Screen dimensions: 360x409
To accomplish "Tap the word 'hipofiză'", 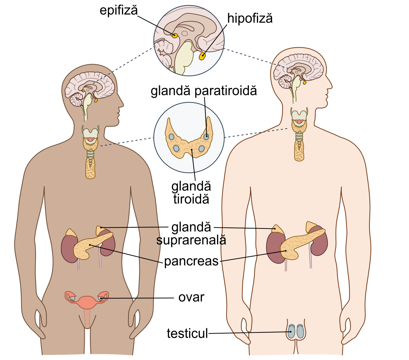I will point(250,19).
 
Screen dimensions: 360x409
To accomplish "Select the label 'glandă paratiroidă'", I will point(204,91).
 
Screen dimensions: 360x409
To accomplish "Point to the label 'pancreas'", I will point(191,262).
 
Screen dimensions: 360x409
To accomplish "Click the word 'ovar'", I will point(191,297).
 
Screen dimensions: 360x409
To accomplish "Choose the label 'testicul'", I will point(187,333).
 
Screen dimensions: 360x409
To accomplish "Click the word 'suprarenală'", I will point(191,240).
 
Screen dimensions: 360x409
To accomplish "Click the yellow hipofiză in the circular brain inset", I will point(202,56).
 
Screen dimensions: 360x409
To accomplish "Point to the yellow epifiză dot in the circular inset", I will point(174,35).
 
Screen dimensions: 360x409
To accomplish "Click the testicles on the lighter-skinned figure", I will point(296,331).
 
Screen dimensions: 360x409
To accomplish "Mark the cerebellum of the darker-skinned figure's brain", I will point(76,99).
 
